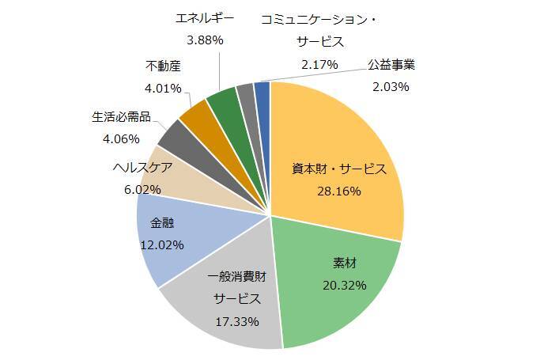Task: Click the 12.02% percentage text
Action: (161, 244)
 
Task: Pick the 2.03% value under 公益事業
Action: (391, 86)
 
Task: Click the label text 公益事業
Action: (391, 64)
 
